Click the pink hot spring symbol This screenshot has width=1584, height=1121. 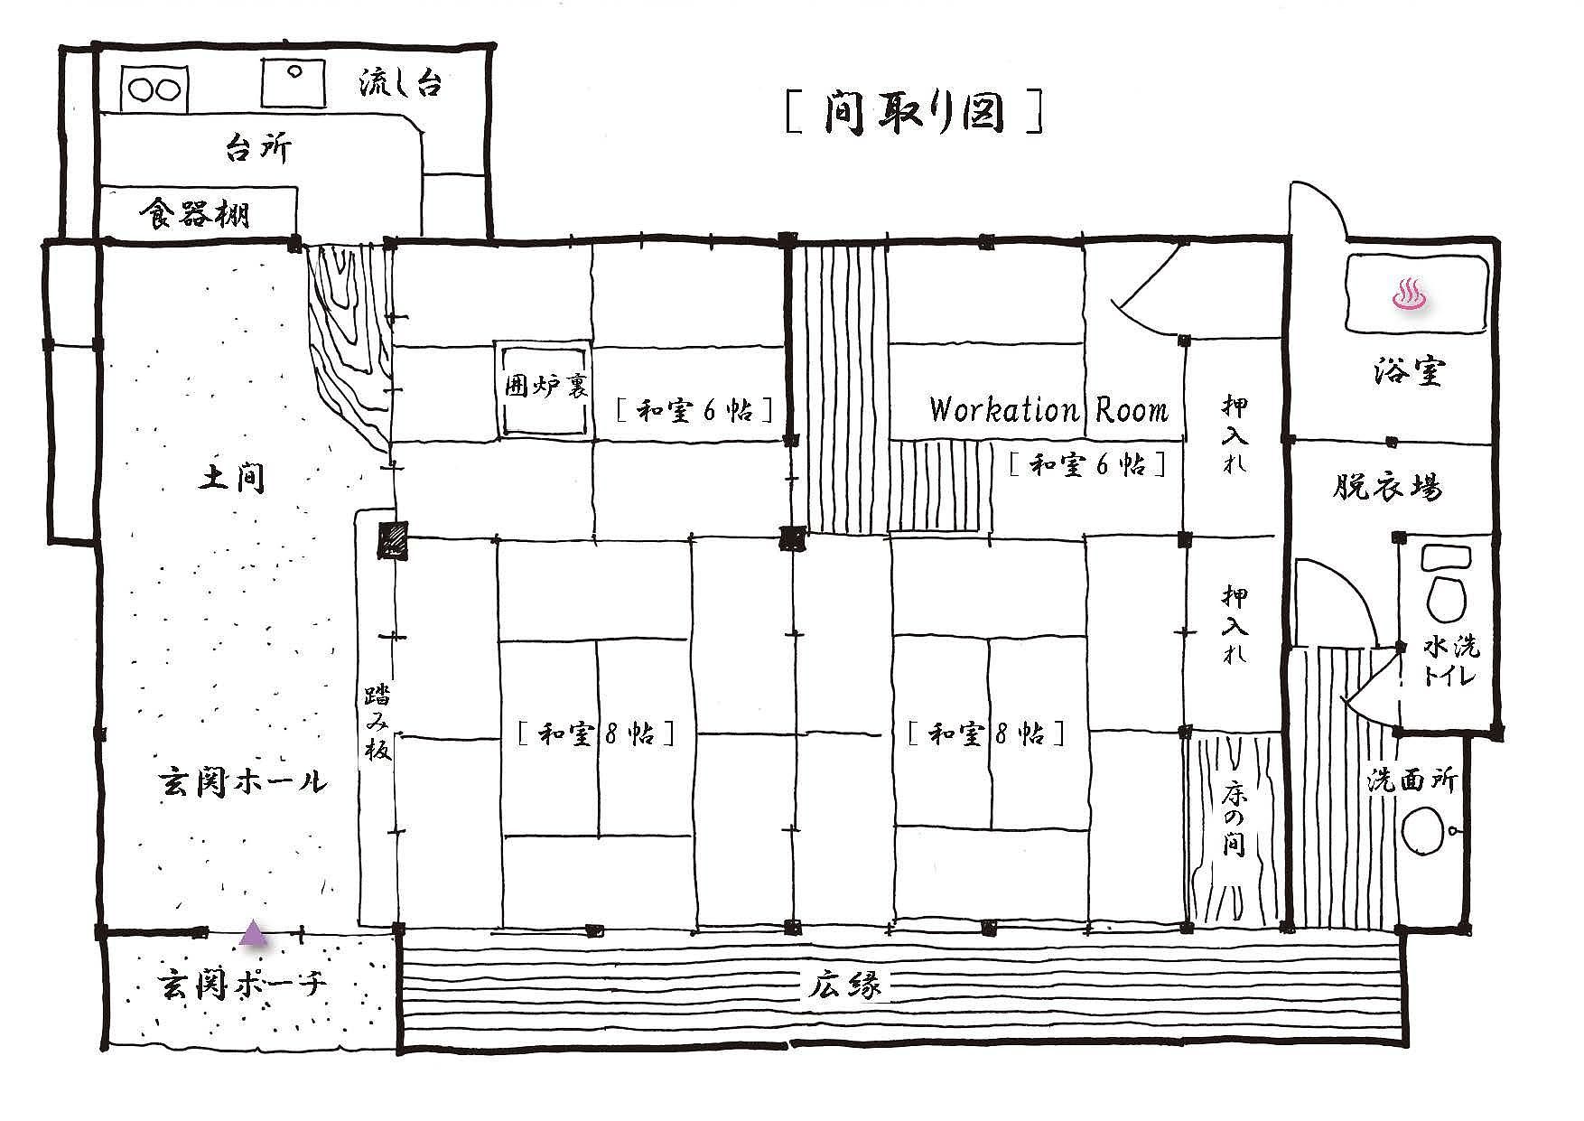click(1409, 294)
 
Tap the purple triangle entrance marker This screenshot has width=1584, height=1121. click(254, 933)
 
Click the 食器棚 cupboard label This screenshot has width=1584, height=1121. click(194, 214)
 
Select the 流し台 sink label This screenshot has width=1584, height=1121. click(400, 84)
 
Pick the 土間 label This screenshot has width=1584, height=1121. click(232, 478)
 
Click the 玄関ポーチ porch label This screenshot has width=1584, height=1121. click(241, 983)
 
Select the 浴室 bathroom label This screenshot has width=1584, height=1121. click(1410, 370)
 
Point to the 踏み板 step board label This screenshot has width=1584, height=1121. click(377, 722)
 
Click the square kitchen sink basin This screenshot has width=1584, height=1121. click(294, 83)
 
